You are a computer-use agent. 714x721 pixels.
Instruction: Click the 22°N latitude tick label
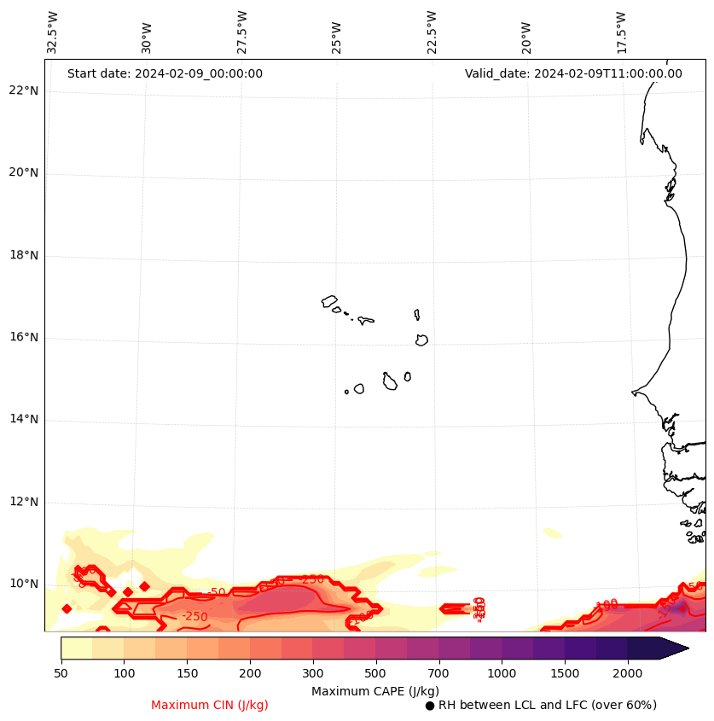click(x=24, y=91)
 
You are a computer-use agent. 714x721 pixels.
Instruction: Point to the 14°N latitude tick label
click(x=24, y=420)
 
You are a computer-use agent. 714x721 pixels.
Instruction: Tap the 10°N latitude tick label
click(x=24, y=584)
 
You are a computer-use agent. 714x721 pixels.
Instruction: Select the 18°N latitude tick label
click(x=24, y=255)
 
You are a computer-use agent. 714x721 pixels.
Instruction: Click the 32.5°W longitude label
click(x=53, y=32)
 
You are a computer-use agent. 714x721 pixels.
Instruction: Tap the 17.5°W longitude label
click(x=622, y=32)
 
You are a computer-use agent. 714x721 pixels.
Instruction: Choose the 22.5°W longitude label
click(x=432, y=32)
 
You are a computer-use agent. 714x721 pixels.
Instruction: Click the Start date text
click(x=165, y=73)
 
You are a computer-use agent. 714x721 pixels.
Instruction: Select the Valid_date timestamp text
click(x=573, y=73)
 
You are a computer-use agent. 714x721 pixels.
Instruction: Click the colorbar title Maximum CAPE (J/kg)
click(x=374, y=690)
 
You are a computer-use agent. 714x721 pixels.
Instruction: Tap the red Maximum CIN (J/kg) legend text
click(x=210, y=705)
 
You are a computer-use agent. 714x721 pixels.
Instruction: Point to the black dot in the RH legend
click(x=430, y=706)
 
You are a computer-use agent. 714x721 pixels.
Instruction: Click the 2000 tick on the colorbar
click(x=628, y=674)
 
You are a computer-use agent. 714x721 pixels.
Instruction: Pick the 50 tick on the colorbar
click(x=61, y=674)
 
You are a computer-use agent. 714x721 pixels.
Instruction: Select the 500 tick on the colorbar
click(x=375, y=674)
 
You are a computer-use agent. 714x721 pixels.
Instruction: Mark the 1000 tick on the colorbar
click(x=502, y=674)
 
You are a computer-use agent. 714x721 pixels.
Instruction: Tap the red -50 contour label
click(x=217, y=592)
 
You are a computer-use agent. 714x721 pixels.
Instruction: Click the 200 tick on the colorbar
click(x=250, y=674)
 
